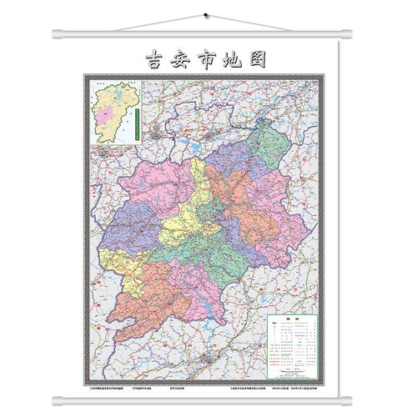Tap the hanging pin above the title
[206, 14]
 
